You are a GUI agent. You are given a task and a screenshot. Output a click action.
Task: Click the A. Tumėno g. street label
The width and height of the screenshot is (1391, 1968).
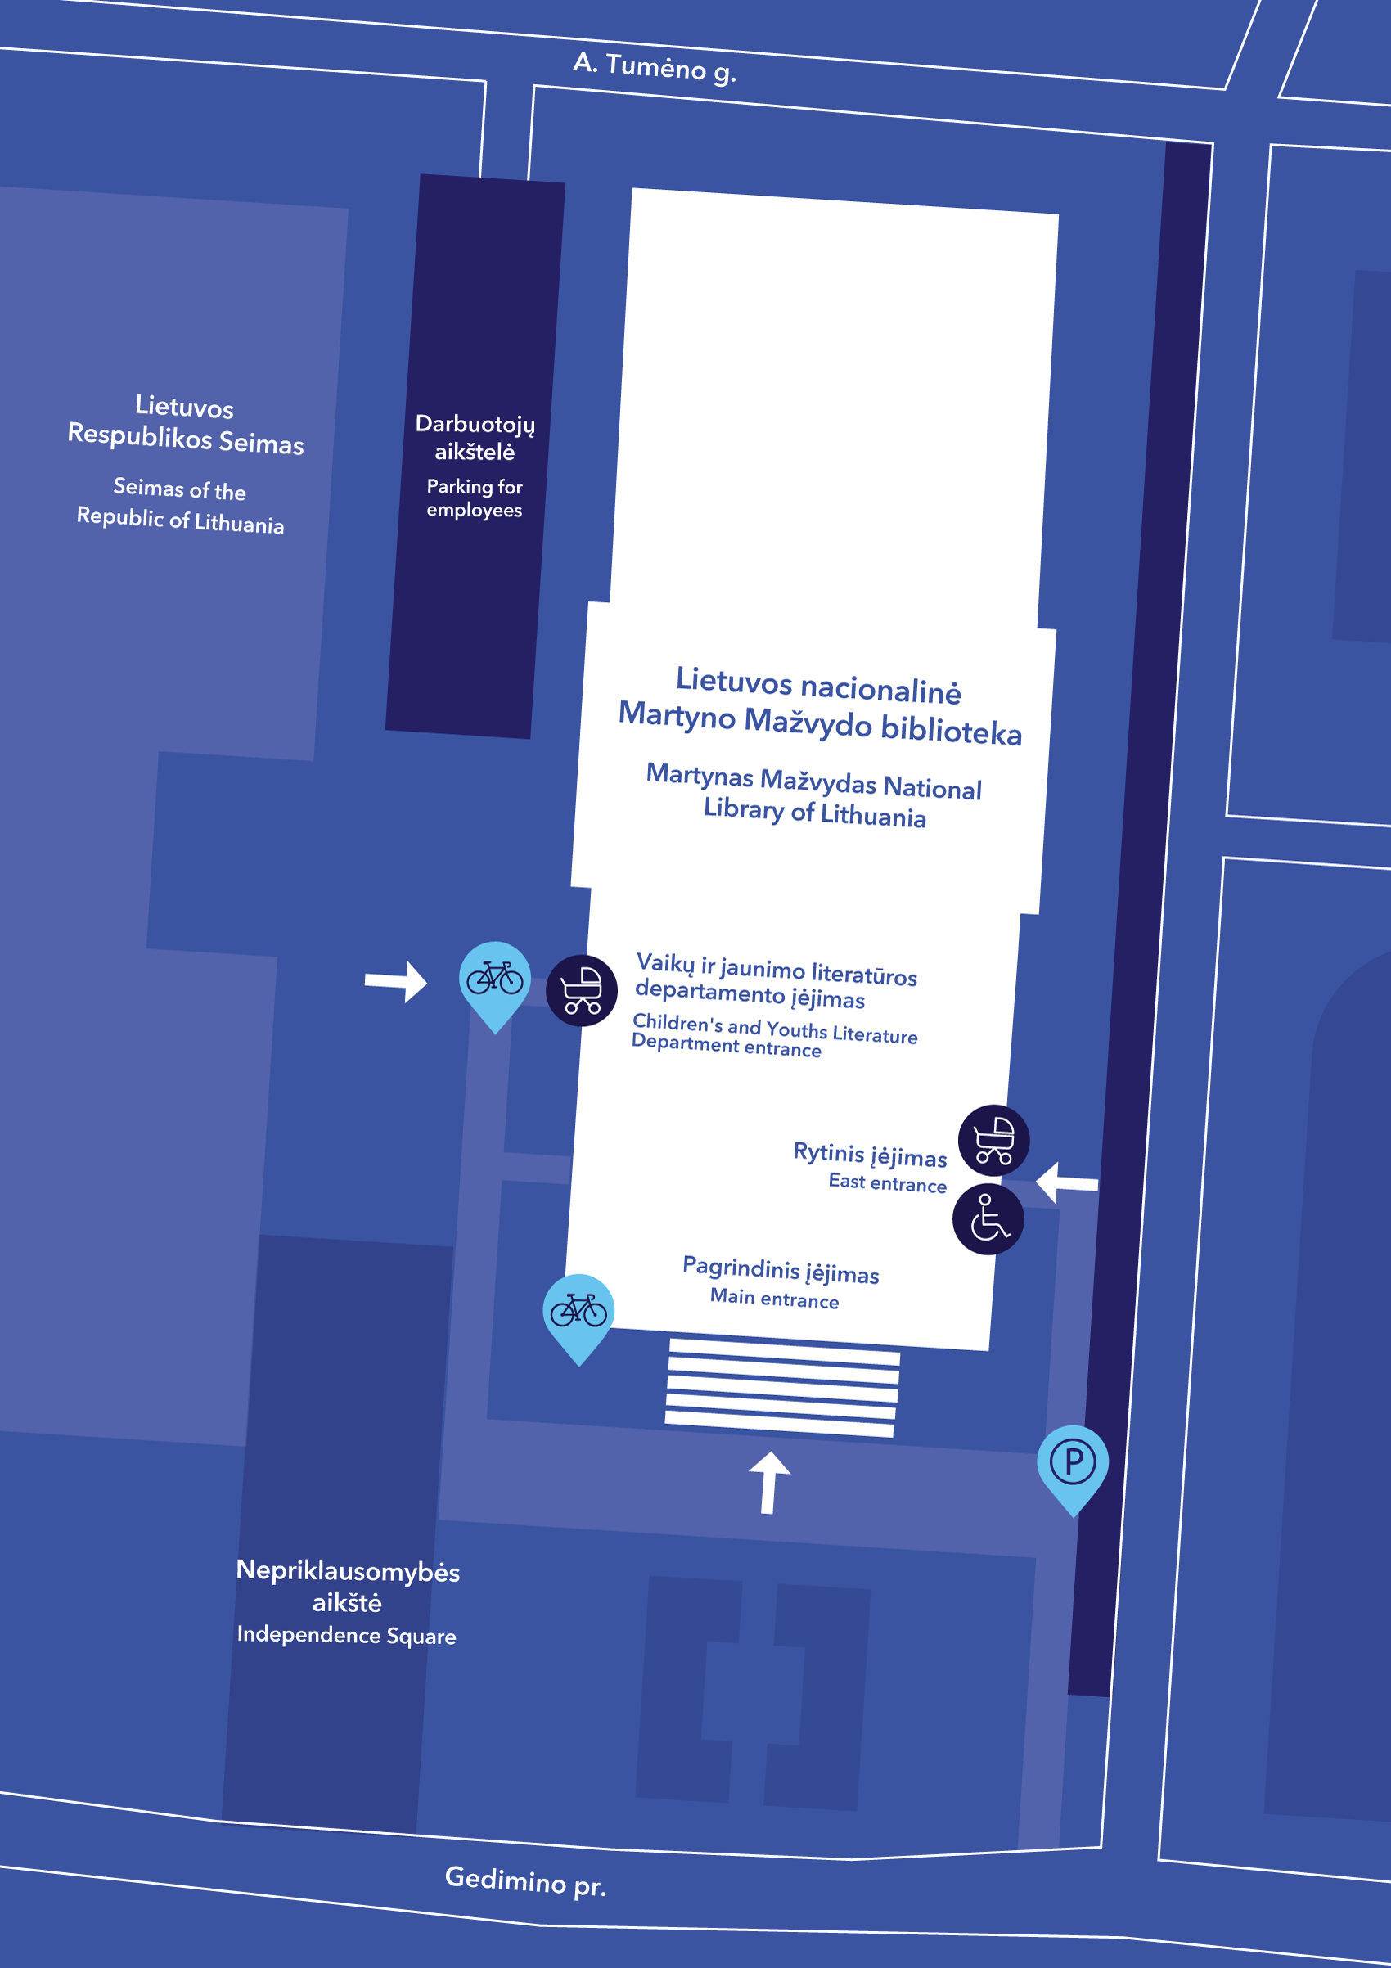pyautogui.click(x=654, y=67)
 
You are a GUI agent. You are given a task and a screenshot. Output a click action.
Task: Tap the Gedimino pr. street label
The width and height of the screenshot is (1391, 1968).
pyautogui.click(x=525, y=1880)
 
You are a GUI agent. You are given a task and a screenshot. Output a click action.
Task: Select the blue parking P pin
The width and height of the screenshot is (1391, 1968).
pyautogui.click(x=1072, y=1463)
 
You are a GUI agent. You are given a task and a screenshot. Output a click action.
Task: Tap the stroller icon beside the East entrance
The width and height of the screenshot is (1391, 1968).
pyautogui.click(x=993, y=1140)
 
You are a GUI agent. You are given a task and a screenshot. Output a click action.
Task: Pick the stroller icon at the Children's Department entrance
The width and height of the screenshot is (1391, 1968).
pyautogui.click(x=582, y=990)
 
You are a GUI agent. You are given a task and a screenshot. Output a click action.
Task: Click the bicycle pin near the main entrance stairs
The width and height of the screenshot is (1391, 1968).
pyautogui.click(x=578, y=1313)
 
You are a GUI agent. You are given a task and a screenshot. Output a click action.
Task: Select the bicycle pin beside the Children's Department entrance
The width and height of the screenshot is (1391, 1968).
pyautogui.click(x=494, y=979)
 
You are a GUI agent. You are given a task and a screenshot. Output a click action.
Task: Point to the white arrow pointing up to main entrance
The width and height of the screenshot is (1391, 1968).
pyautogui.click(x=769, y=1482)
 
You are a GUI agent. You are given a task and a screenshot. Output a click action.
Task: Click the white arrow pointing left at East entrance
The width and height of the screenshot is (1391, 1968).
pyautogui.click(x=1065, y=1183)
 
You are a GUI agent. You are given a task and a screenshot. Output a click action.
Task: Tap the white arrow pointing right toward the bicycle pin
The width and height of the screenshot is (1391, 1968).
pyautogui.click(x=397, y=981)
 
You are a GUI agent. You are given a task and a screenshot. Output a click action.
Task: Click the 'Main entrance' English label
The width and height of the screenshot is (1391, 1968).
pyautogui.click(x=774, y=1299)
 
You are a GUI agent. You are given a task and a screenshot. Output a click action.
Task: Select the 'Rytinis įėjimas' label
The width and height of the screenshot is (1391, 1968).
pyautogui.click(x=869, y=1155)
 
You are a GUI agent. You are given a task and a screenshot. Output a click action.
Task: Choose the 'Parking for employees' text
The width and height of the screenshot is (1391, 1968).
pyautogui.click(x=474, y=498)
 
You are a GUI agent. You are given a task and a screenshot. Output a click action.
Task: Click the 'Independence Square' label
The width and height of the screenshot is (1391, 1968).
pyautogui.click(x=346, y=1635)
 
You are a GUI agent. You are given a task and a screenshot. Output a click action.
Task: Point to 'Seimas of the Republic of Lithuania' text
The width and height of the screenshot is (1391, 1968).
pyautogui.click(x=180, y=506)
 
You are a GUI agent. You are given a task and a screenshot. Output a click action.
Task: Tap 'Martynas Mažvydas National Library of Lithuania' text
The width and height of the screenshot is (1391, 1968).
pyautogui.click(x=813, y=795)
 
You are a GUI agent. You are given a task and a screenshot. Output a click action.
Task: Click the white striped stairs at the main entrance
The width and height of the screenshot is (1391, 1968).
pyautogui.click(x=781, y=1386)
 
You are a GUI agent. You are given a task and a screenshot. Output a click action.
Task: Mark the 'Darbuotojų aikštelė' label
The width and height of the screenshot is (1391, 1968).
pyautogui.click(x=475, y=437)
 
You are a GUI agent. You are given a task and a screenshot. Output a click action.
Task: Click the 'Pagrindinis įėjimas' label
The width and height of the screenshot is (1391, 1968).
pyautogui.click(x=780, y=1269)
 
